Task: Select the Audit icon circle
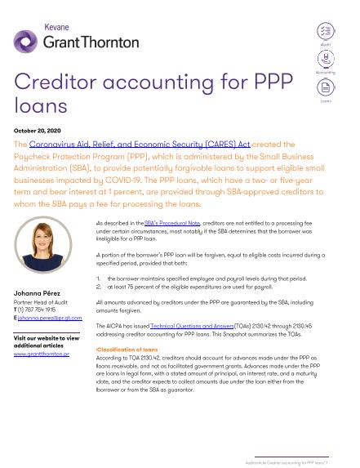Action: (325, 30)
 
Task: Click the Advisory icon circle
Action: (325, 58)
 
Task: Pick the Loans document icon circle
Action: (325, 87)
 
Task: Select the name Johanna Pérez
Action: (40, 292)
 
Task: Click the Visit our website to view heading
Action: (47, 337)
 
